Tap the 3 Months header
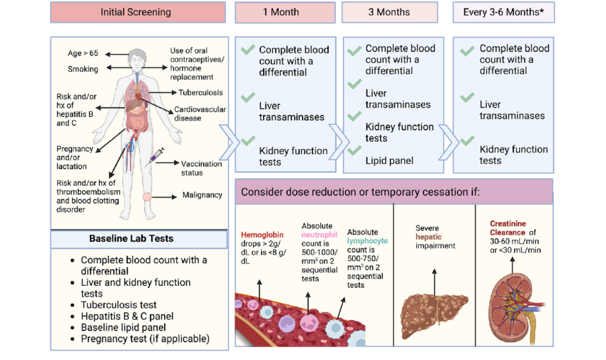[390, 12]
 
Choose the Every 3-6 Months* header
[503, 12]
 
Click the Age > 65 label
[83, 53]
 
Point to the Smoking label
[83, 69]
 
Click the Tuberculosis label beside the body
[200, 93]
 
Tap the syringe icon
[155, 156]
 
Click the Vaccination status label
[202, 168]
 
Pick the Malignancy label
[202, 195]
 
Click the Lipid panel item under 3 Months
[389, 160]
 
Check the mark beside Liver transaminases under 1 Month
[247, 97]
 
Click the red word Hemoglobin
[262, 234]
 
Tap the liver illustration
[433, 312]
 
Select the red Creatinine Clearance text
[508, 227]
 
